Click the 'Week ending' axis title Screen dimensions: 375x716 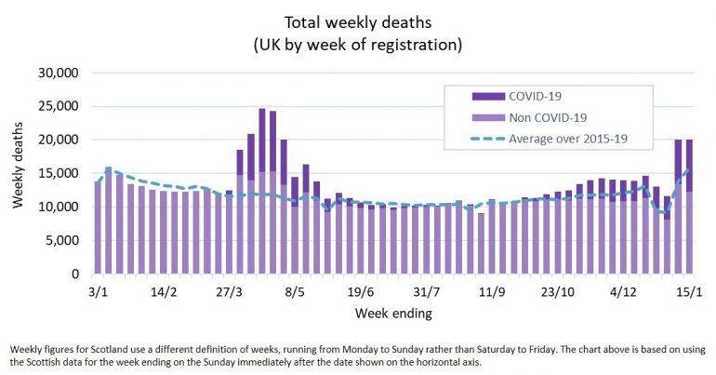(x=393, y=314)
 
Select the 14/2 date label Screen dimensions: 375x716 (x=164, y=291)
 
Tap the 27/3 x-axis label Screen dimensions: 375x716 (x=230, y=291)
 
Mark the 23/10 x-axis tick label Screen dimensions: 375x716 (x=558, y=291)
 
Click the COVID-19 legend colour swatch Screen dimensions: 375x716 (x=486, y=96)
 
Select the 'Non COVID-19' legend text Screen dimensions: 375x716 (x=549, y=118)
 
